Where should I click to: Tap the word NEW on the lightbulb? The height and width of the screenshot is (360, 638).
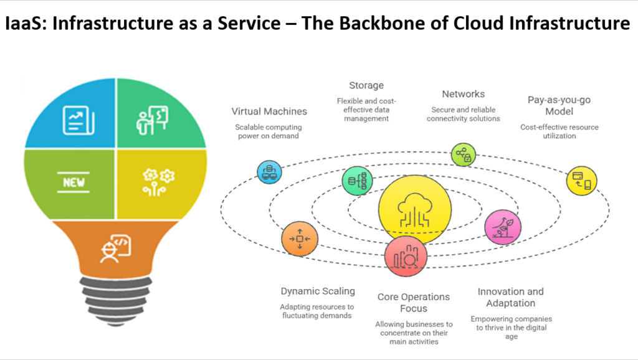point(74,184)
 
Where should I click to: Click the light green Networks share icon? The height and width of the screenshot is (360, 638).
point(464,154)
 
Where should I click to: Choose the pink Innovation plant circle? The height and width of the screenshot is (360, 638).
point(503,226)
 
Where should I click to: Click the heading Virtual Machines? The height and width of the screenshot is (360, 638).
point(269,111)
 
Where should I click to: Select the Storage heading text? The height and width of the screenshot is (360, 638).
point(366,85)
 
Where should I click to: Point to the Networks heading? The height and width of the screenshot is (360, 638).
point(463,94)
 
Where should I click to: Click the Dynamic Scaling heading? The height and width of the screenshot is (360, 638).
point(317,291)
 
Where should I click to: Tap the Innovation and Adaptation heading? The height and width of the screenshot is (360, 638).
point(510,297)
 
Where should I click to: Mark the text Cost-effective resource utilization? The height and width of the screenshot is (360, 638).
point(559,131)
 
